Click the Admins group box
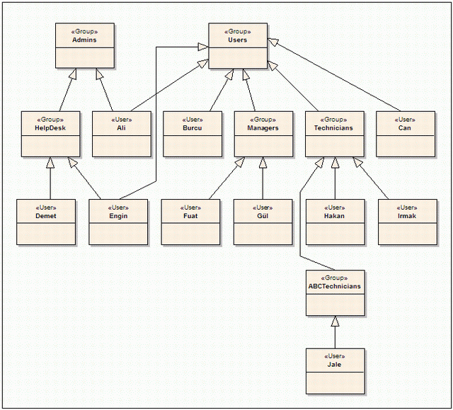click(x=85, y=45)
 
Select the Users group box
click(x=238, y=46)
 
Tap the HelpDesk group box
click(x=50, y=134)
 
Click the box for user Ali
click(x=122, y=134)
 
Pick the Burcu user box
click(x=193, y=134)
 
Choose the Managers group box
click(x=263, y=134)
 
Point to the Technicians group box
click(x=335, y=134)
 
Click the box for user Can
click(x=406, y=134)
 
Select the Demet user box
click(x=46, y=222)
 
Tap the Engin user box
click(x=118, y=222)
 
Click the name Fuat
click(x=190, y=216)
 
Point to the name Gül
click(x=263, y=216)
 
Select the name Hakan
click(x=334, y=216)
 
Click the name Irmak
click(x=407, y=216)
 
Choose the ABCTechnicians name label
click(x=335, y=286)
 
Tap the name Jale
click(x=334, y=365)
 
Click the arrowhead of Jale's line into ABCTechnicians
click(x=335, y=321)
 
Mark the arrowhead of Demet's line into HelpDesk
click(x=50, y=162)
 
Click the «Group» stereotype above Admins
click(x=84, y=31)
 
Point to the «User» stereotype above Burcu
click(x=193, y=120)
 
